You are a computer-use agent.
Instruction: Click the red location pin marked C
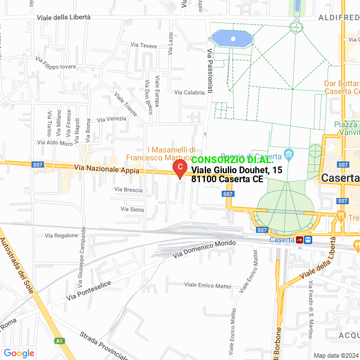point(179,168)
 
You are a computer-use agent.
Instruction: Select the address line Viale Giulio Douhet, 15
point(236,170)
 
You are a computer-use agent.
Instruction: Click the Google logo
point(19,353)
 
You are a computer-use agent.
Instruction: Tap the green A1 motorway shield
point(59,340)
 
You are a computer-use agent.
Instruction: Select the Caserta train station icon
point(300,240)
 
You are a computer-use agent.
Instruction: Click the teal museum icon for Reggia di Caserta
point(289,154)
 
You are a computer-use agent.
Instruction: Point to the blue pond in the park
point(231,39)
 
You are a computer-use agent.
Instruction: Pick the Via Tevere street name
point(143,45)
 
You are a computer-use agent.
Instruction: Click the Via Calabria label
point(190,92)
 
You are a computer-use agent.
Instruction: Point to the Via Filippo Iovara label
point(55,62)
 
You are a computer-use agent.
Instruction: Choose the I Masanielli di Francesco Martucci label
point(171,154)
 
